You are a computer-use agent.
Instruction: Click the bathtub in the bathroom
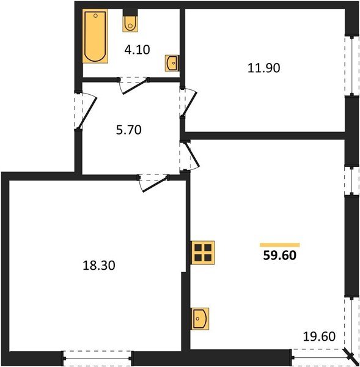tap(95, 37)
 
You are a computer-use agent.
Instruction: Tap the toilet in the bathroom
tap(130, 23)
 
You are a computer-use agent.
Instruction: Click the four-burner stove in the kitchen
tap(204, 251)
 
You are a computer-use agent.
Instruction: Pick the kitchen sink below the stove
tap(200, 319)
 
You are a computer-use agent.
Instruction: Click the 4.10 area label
tap(138, 50)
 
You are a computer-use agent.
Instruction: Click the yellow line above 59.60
tap(280, 244)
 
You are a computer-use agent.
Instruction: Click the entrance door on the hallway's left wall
tap(83, 110)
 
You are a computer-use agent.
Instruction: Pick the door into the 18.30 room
tap(153, 182)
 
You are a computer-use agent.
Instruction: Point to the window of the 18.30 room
tap(97, 355)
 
